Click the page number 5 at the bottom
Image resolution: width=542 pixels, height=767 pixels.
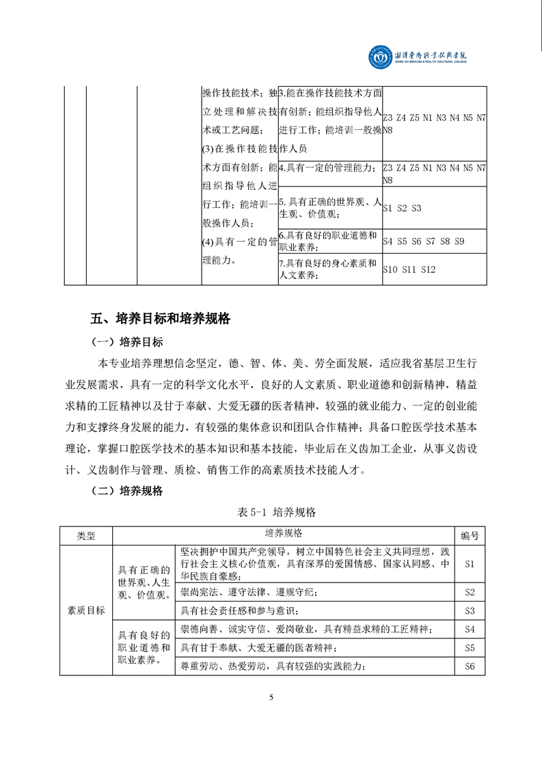pyautogui.click(x=271, y=697)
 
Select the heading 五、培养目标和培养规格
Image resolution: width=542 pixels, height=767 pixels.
pyautogui.click(x=161, y=319)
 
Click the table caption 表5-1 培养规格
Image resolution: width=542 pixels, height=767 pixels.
pyautogui.click(x=272, y=511)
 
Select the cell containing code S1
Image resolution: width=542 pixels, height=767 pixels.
pyautogui.click(x=470, y=564)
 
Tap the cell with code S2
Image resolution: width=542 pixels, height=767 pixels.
pyautogui.click(x=470, y=592)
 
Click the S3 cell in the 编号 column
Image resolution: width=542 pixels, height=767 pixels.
pyautogui.click(x=470, y=610)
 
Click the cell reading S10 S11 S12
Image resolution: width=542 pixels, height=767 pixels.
pyautogui.click(x=433, y=269)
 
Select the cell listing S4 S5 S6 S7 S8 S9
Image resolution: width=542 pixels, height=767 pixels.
pyautogui.click(x=433, y=241)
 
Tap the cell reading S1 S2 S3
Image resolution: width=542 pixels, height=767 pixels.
pyautogui.click(x=433, y=208)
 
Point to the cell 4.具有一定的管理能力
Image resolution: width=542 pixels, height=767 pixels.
pyautogui.click(x=329, y=167)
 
